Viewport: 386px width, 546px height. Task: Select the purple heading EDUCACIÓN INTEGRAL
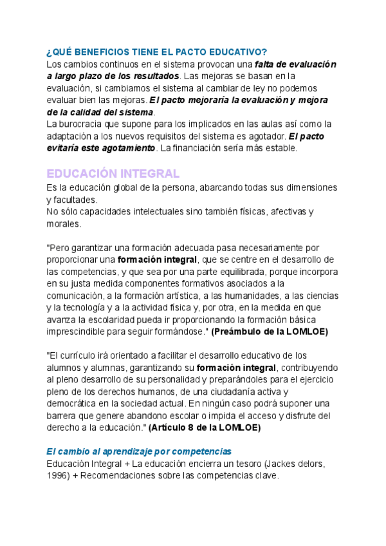(113, 174)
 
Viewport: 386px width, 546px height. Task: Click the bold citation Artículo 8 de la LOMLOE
(205, 428)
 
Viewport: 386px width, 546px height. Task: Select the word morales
(64, 224)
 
